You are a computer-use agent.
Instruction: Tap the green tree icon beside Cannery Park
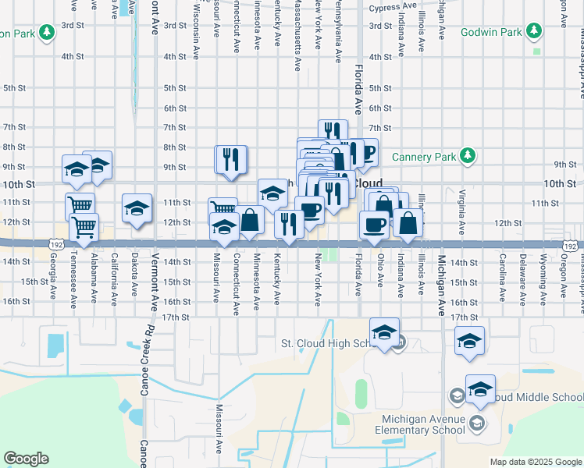pos(468,156)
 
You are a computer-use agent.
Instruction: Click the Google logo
pos(26,459)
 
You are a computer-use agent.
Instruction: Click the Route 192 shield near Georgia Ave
pos(56,245)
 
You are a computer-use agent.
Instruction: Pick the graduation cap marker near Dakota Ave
pos(137,208)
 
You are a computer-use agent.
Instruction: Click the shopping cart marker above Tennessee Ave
pos(80,207)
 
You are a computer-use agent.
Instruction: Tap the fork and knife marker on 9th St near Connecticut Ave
pos(231,159)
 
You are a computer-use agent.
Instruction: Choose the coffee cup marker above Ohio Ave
pos(373,224)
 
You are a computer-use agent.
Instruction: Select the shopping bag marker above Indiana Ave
pos(408,222)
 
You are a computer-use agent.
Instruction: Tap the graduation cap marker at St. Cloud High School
pos(384,332)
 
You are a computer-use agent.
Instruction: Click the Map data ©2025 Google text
pos(535,462)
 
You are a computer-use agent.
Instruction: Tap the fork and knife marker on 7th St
pos(332,131)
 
